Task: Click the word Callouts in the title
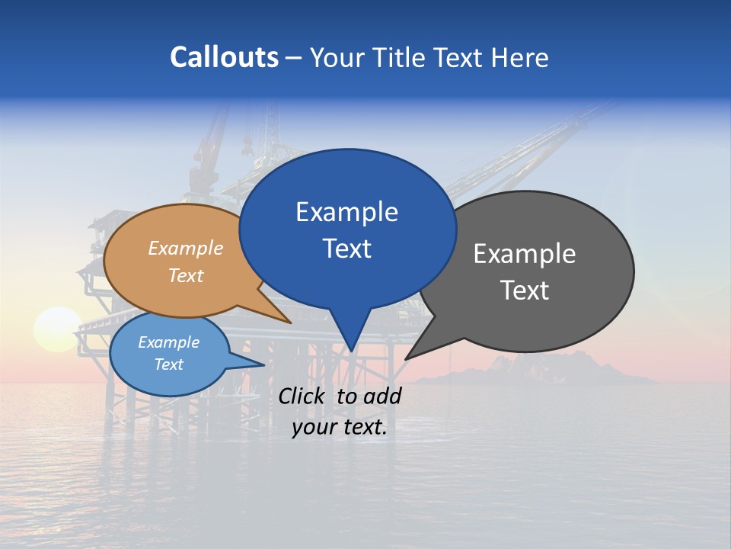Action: [224, 57]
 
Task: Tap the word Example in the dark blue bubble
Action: [346, 212]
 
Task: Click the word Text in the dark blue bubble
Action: [346, 249]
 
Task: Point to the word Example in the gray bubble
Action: [525, 254]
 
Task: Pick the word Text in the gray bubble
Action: [525, 291]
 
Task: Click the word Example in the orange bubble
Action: [186, 249]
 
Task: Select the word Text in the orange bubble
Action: [186, 275]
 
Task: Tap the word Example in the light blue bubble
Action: [169, 342]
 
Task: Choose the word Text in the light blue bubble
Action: [169, 364]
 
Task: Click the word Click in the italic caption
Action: [303, 396]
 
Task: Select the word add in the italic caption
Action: [381, 396]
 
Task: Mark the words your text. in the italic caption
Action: [340, 428]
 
